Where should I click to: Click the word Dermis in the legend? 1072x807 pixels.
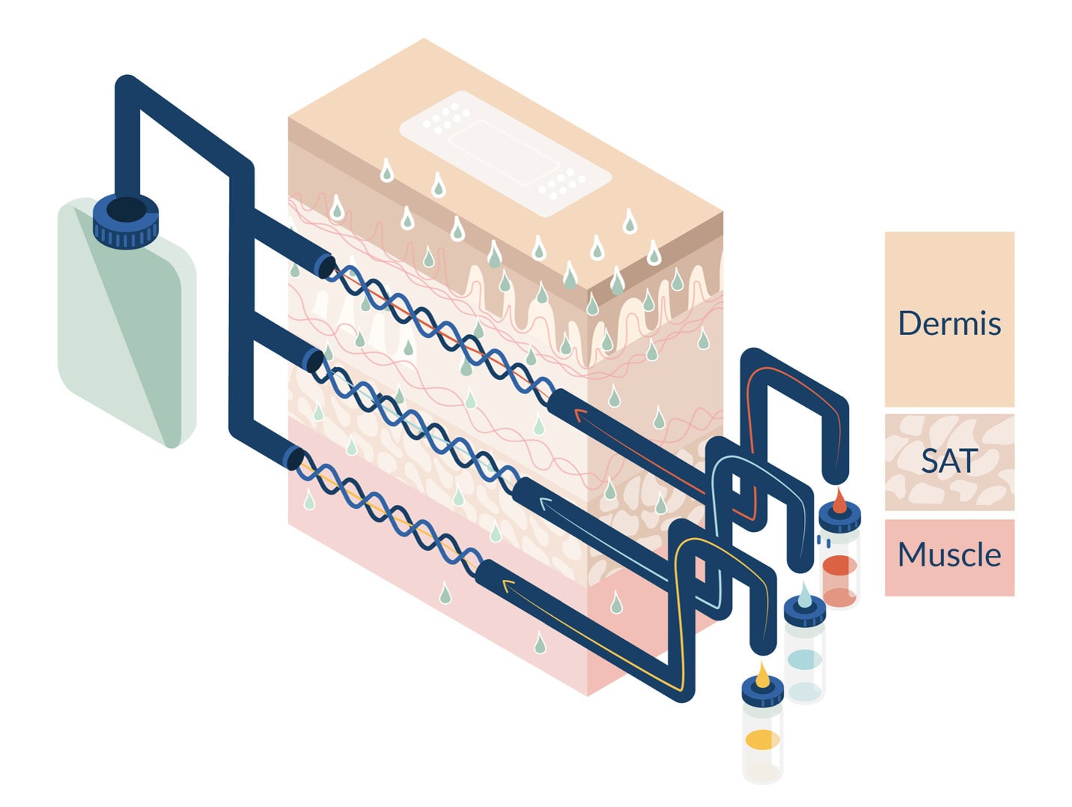click(x=948, y=323)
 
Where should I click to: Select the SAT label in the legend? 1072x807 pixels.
click(x=948, y=461)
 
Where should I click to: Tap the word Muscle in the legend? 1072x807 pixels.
click(x=948, y=554)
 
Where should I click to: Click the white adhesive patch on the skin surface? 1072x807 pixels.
click(x=505, y=153)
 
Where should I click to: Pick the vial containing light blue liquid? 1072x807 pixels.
click(x=805, y=659)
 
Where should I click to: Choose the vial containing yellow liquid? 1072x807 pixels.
click(x=762, y=738)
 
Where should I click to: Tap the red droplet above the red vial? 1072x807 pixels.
click(x=840, y=501)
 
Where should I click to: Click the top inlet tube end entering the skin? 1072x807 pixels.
click(x=325, y=265)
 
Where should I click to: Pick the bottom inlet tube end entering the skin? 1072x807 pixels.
click(x=294, y=457)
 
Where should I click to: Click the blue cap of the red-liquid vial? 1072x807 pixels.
click(x=840, y=519)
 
